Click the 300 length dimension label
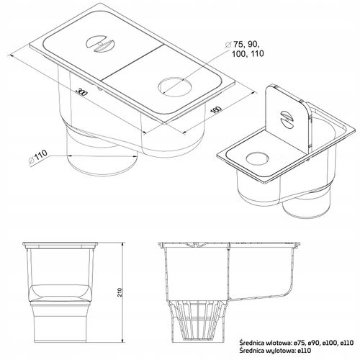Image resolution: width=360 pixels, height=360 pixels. tap(81, 92)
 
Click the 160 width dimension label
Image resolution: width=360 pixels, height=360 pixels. tap(215, 109)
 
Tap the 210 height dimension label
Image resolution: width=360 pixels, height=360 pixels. tap(120, 292)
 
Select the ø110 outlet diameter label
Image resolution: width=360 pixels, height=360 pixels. tap(37, 157)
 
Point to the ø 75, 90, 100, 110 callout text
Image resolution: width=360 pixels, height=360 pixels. tap(245, 49)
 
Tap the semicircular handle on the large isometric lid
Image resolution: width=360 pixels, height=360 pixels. tap(100, 44)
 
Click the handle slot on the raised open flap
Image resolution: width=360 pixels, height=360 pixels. tap(288, 119)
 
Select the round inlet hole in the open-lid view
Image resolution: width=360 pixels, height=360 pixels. tap(257, 158)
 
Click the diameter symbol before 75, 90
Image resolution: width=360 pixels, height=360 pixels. tap(228, 45)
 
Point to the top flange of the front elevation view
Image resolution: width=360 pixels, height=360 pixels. tap(60, 244)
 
